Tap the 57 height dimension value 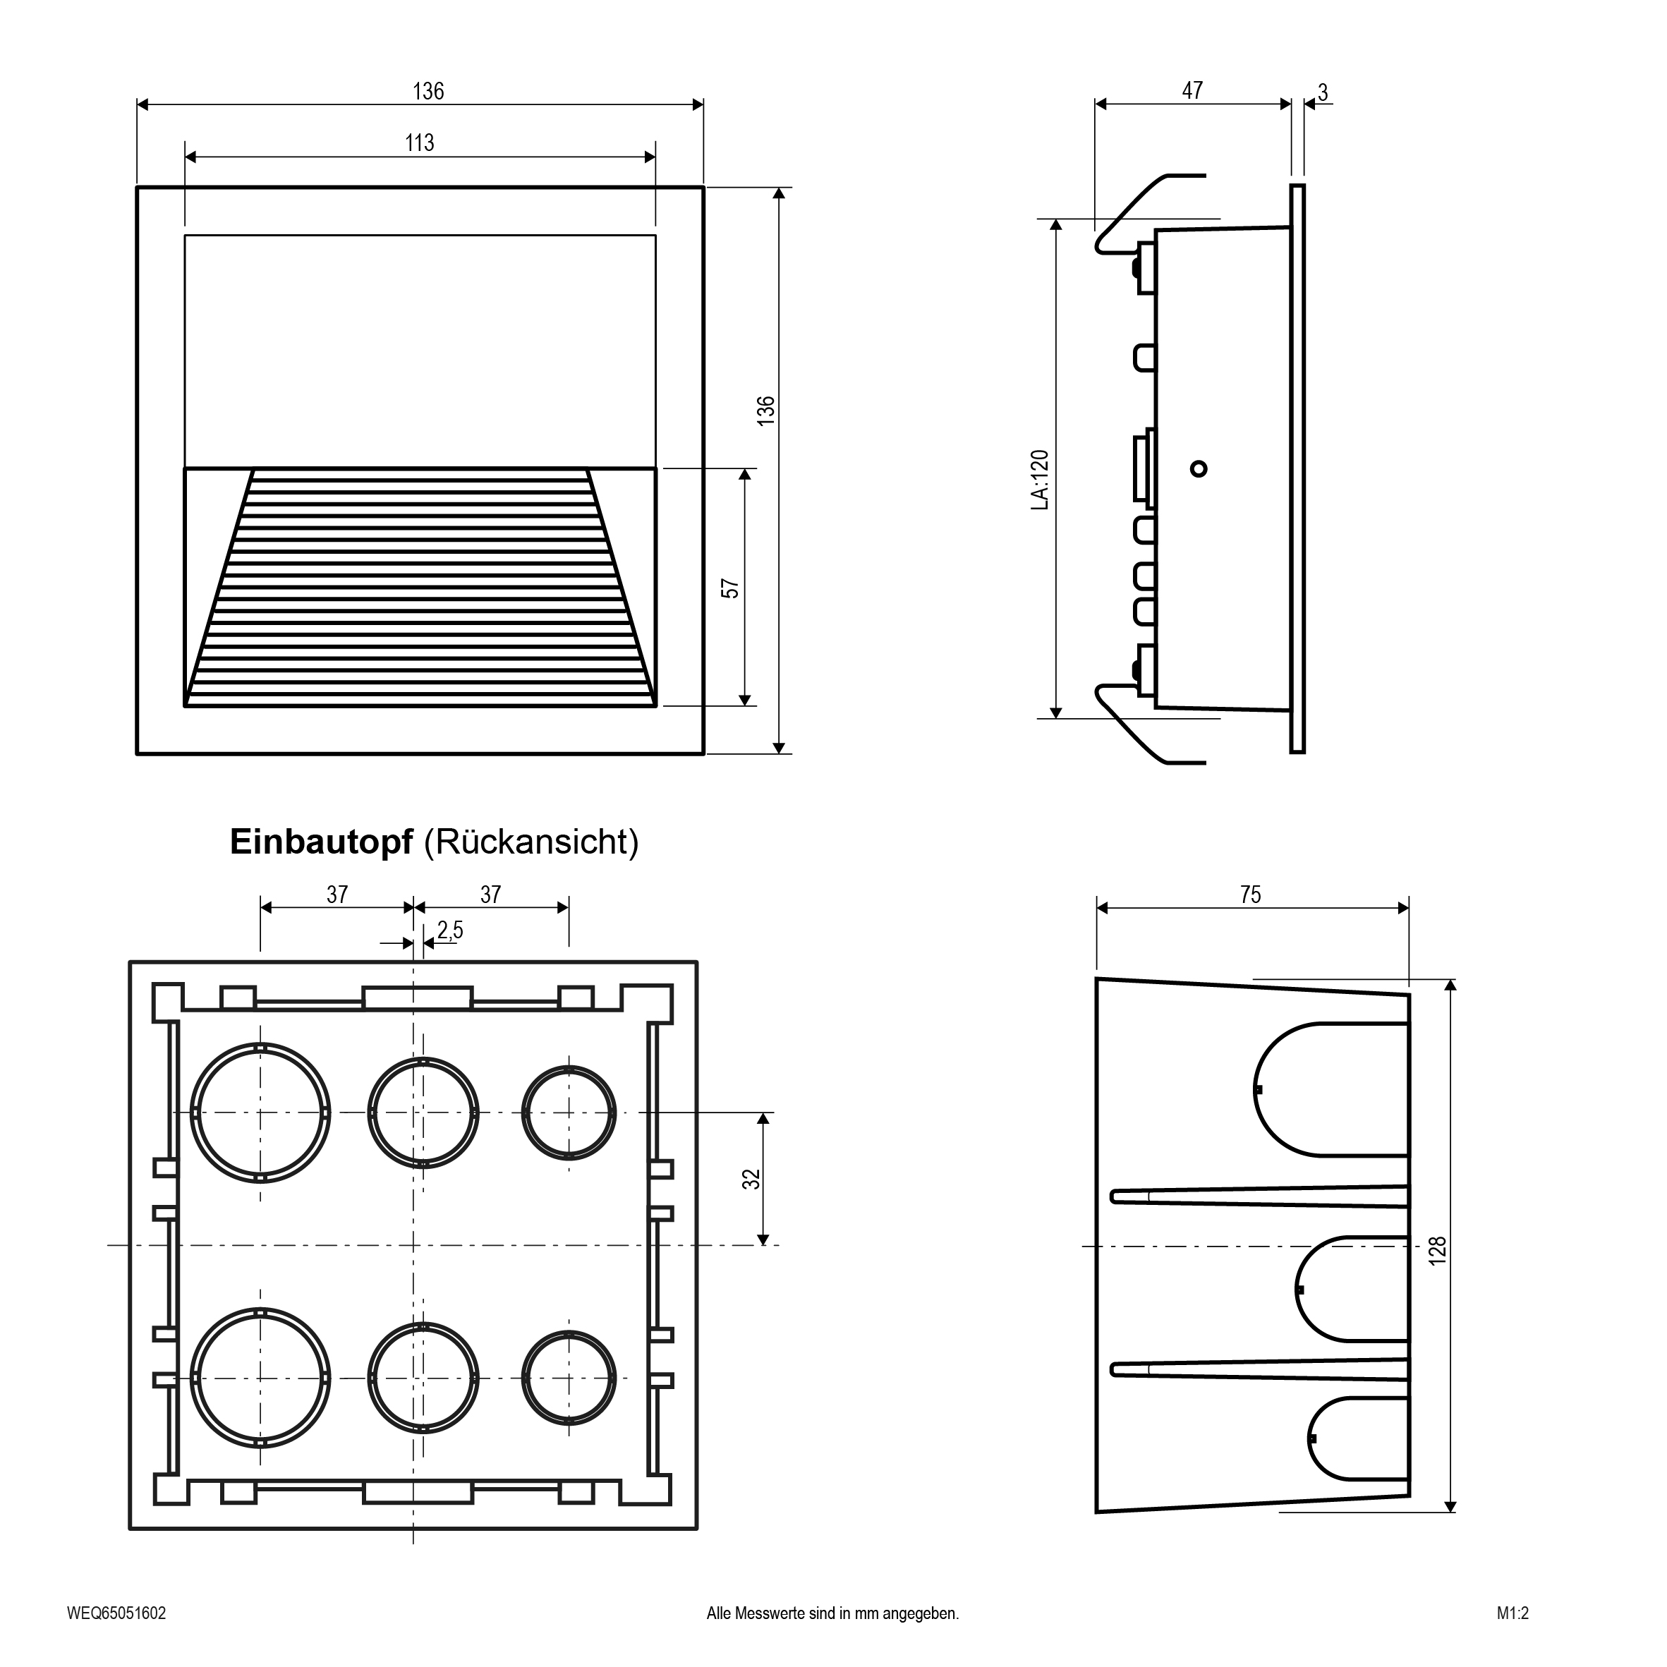[730, 588]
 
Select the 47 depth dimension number [1192, 90]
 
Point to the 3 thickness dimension [1323, 92]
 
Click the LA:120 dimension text [1041, 480]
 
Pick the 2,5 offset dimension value [449, 930]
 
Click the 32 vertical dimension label [753, 1179]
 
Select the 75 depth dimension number [1250, 895]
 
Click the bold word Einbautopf [321, 842]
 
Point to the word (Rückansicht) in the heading [531, 842]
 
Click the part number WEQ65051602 [116, 1613]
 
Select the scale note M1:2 [1513, 1613]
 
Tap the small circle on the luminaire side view [1199, 468]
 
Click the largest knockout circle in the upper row [260, 1113]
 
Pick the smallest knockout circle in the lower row [569, 1378]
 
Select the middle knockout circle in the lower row [423, 1378]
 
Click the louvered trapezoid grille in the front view [420, 587]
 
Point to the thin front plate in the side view [1297, 468]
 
